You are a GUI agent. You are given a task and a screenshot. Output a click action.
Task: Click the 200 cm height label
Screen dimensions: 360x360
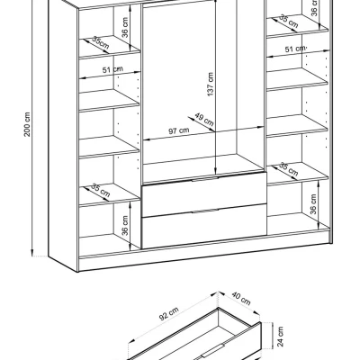27,124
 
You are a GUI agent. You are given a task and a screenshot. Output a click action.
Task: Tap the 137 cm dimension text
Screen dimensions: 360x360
211,84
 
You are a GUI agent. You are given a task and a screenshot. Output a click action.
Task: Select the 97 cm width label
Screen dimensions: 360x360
179,130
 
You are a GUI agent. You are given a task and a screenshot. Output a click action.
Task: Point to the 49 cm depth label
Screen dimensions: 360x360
204,119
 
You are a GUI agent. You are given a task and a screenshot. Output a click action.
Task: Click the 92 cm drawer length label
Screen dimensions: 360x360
169,314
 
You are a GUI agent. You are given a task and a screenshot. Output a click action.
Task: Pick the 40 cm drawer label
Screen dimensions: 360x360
241,298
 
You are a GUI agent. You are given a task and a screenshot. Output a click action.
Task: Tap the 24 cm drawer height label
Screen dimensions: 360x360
280,337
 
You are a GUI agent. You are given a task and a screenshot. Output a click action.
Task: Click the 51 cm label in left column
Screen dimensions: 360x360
112,69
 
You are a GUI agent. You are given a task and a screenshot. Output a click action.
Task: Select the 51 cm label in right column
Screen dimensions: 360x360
295,49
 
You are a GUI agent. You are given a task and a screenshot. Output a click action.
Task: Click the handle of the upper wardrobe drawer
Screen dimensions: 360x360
205,179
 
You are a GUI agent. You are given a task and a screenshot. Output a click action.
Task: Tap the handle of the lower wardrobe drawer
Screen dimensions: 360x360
205,211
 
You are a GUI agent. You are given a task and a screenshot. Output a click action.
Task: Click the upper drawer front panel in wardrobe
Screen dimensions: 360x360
204,194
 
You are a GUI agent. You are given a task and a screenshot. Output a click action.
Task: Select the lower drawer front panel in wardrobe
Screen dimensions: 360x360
204,227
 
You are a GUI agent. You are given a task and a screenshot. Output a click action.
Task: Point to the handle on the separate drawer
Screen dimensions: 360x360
213,351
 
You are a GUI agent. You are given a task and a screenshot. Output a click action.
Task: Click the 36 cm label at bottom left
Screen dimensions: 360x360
125,225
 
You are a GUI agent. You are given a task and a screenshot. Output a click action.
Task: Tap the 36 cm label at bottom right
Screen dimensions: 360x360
313,204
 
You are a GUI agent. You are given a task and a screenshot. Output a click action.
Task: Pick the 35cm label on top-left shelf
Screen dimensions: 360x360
101,43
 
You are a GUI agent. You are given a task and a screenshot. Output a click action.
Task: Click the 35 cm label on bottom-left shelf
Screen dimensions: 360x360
100,190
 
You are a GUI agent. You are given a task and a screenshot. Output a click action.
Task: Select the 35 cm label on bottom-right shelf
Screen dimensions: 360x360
289,169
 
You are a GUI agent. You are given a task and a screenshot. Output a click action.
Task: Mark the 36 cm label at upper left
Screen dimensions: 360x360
125,27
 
